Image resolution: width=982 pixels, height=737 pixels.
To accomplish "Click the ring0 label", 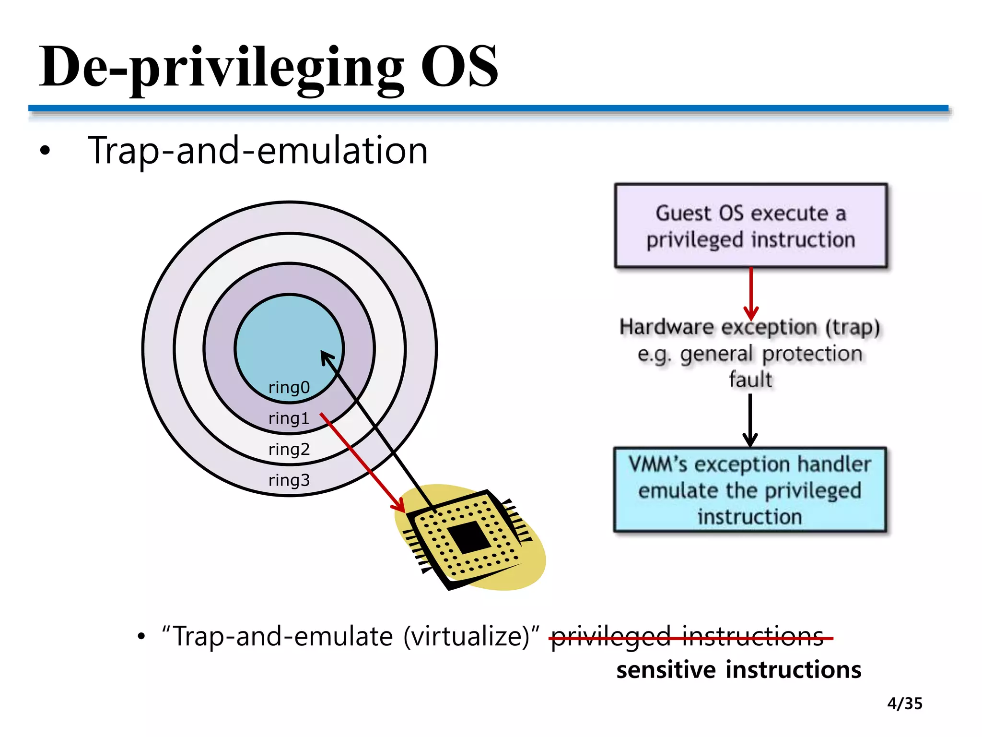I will pyautogui.click(x=289, y=387).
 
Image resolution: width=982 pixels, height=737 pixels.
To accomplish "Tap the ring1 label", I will pyautogui.click(x=289, y=418).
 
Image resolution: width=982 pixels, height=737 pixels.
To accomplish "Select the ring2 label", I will pyautogui.click(x=289, y=450).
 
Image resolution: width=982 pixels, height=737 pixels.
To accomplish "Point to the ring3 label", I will pyautogui.click(x=289, y=480).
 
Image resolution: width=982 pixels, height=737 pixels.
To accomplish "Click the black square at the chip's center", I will pyautogui.click(x=469, y=537).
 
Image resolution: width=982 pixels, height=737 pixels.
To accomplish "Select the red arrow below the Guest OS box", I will pyautogui.click(x=751, y=293).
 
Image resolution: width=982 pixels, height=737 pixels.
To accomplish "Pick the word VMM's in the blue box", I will pyautogui.click(x=658, y=464).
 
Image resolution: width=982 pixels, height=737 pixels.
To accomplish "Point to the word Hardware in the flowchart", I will pyautogui.click(x=666, y=327).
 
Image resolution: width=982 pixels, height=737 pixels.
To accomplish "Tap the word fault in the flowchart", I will pyautogui.click(x=750, y=380).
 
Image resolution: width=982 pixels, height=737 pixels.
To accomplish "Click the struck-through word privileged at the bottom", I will pyautogui.click(x=610, y=637).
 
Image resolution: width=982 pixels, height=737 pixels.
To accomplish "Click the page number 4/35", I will pyautogui.click(x=904, y=703).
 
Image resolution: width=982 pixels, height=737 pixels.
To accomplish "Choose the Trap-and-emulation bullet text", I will pyautogui.click(x=257, y=151).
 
